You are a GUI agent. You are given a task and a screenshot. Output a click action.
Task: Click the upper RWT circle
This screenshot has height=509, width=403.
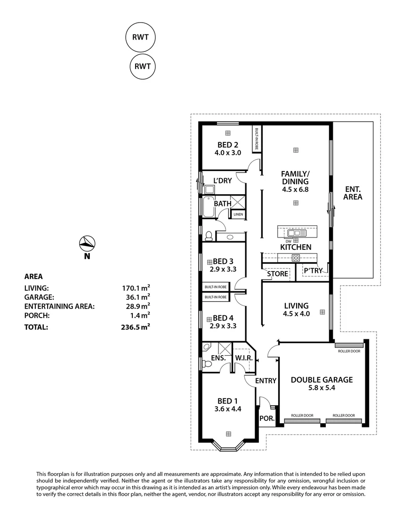point(140,37)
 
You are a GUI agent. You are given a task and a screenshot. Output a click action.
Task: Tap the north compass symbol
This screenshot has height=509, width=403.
point(87,243)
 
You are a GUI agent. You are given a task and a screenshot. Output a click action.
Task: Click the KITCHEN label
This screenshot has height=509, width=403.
point(296,247)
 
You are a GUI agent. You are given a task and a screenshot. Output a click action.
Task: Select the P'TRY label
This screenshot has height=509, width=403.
point(313,271)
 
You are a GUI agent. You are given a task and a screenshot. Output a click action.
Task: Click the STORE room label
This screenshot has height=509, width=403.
point(277,273)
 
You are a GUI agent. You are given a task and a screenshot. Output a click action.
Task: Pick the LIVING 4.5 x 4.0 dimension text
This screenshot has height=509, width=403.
point(296,314)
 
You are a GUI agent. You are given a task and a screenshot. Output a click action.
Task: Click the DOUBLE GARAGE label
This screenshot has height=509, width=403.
point(322,379)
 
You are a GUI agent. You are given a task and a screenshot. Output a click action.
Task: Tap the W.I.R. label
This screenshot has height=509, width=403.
point(244,358)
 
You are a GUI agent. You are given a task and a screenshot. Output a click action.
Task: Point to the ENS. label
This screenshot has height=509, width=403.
point(219,358)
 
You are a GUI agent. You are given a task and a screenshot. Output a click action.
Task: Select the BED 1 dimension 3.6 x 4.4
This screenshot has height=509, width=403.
point(228,409)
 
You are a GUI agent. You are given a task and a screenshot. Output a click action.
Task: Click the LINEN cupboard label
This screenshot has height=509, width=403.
point(238,215)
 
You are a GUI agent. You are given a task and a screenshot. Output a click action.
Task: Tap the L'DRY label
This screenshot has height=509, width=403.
point(221,181)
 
